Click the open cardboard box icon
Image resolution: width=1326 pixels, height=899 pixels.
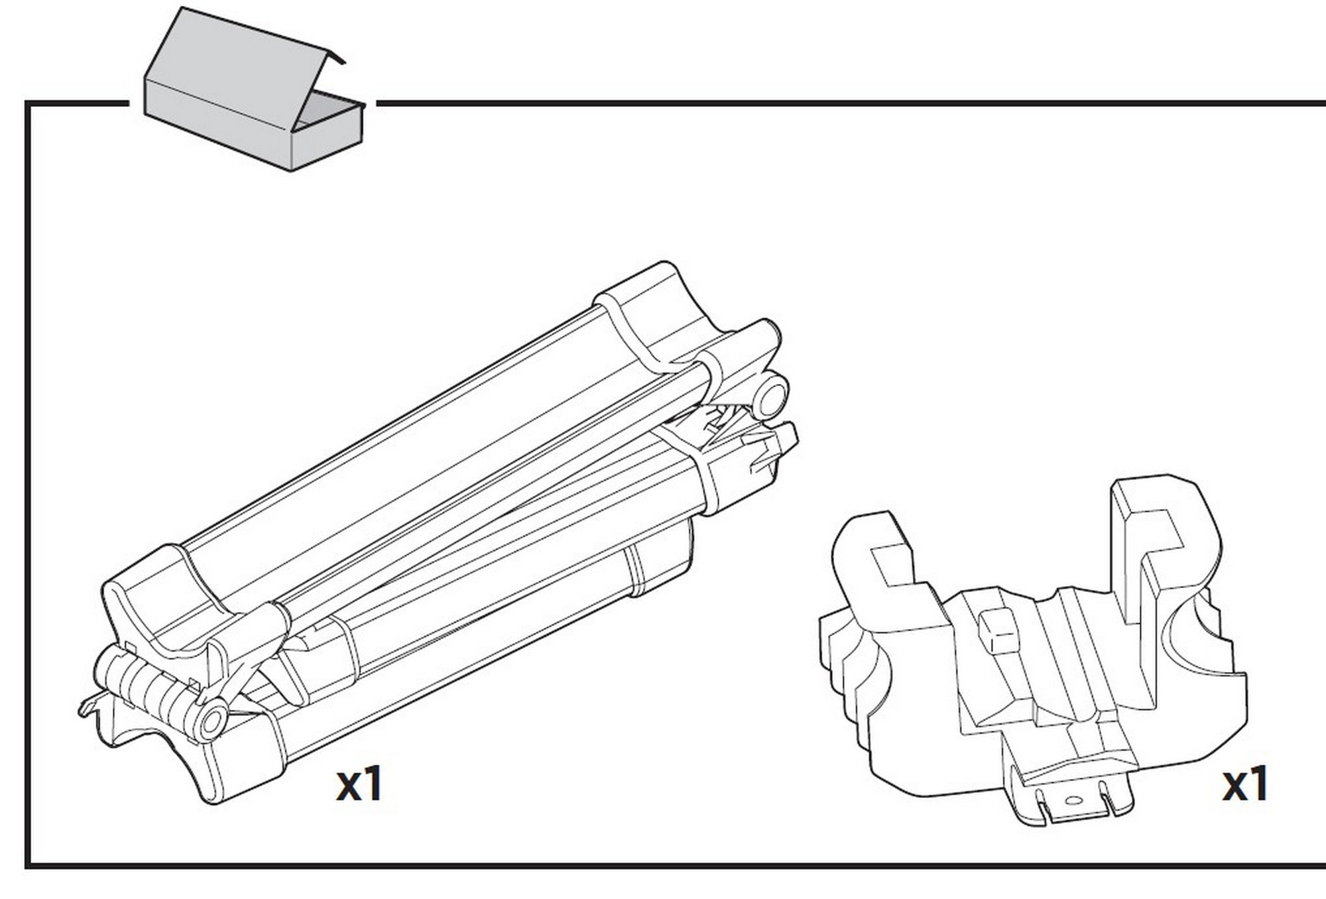click(255, 89)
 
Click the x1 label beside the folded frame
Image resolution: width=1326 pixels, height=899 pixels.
click(359, 784)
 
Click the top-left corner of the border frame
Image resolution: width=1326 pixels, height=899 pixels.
click(28, 103)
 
